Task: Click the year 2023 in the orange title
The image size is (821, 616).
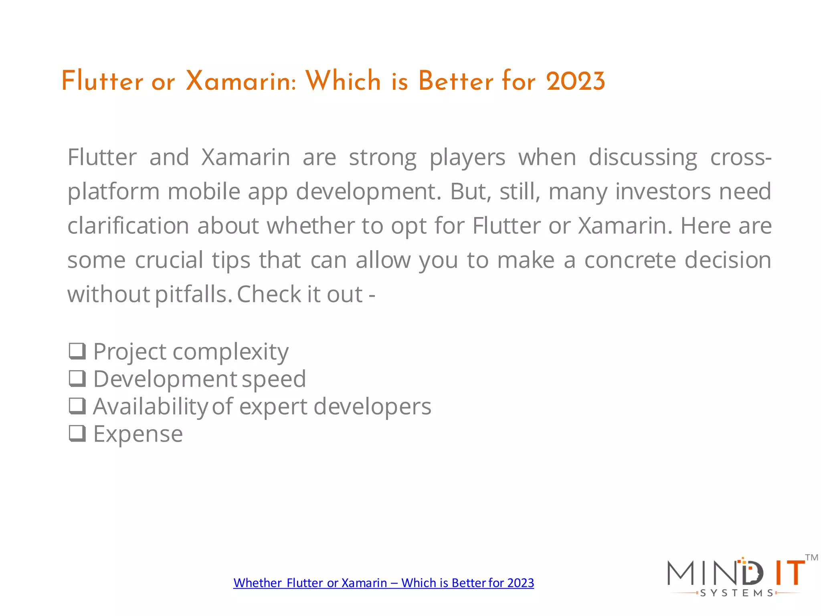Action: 575,81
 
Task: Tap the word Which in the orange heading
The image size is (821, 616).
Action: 343,81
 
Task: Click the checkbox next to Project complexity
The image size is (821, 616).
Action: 77,351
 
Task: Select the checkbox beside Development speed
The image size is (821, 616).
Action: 77,378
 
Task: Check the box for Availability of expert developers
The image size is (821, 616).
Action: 77,406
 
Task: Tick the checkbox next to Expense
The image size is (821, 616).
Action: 77,433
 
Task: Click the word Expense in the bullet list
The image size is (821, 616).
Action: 138,434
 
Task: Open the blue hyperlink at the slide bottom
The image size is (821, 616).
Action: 384,583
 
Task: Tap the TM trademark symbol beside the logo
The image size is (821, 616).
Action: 811,557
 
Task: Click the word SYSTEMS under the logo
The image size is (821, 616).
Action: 736,593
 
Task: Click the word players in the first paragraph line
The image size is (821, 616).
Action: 467,157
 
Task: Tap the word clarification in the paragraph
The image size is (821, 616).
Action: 128,226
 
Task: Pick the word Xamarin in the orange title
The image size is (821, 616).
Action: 241,81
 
